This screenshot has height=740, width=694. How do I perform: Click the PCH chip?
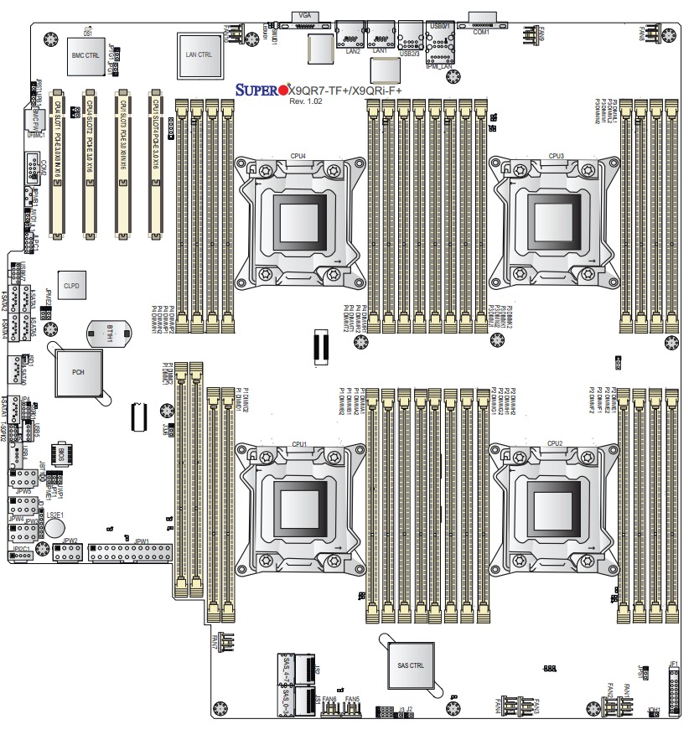coord(78,371)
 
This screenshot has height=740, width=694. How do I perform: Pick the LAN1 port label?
coord(380,51)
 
